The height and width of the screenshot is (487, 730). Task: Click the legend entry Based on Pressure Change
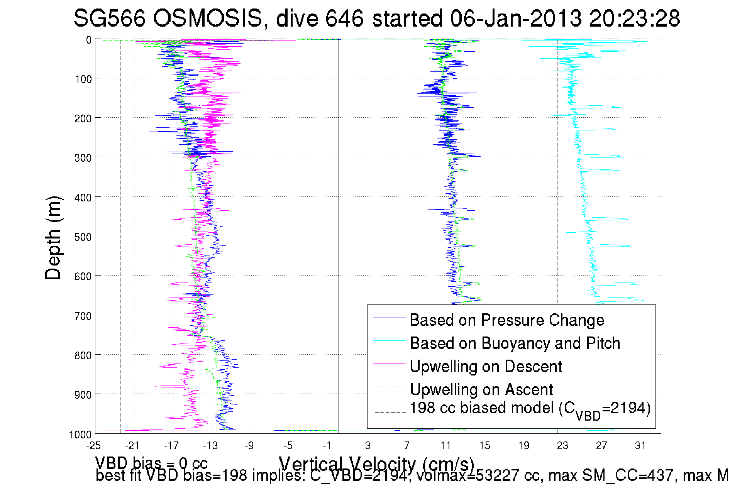(506, 320)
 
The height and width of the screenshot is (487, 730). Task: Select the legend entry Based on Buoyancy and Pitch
(515, 343)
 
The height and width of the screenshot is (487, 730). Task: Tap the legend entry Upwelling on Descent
(486, 366)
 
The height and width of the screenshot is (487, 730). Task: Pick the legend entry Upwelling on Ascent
(481, 389)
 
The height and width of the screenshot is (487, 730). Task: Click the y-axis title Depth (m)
(53, 238)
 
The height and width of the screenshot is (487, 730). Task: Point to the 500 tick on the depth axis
(83, 237)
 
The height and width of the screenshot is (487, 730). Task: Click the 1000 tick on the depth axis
(80, 435)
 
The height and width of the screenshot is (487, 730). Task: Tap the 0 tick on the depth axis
(89, 40)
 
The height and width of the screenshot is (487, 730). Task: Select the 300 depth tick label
(83, 158)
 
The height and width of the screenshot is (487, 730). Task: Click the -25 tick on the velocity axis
(93, 446)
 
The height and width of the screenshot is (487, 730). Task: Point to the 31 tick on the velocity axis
(640, 446)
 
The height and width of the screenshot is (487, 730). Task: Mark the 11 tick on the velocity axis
(445, 446)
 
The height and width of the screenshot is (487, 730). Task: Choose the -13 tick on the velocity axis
(210, 446)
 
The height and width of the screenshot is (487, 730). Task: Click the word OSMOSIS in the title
(208, 18)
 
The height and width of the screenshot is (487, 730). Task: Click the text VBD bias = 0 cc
(151, 463)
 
